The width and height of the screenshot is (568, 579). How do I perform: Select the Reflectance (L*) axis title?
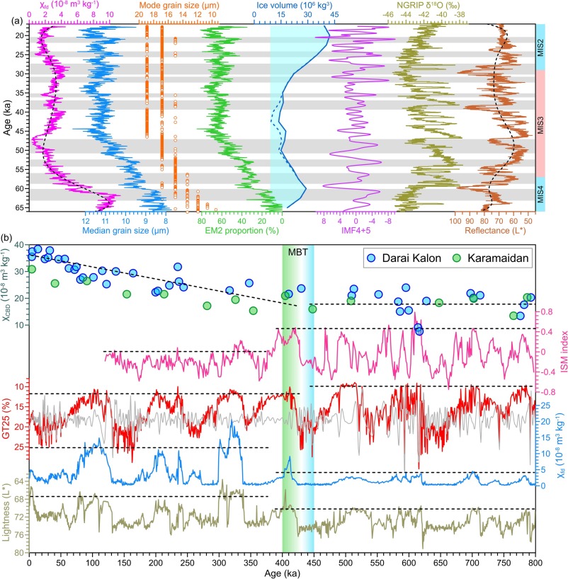pyautogui.click(x=492, y=231)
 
